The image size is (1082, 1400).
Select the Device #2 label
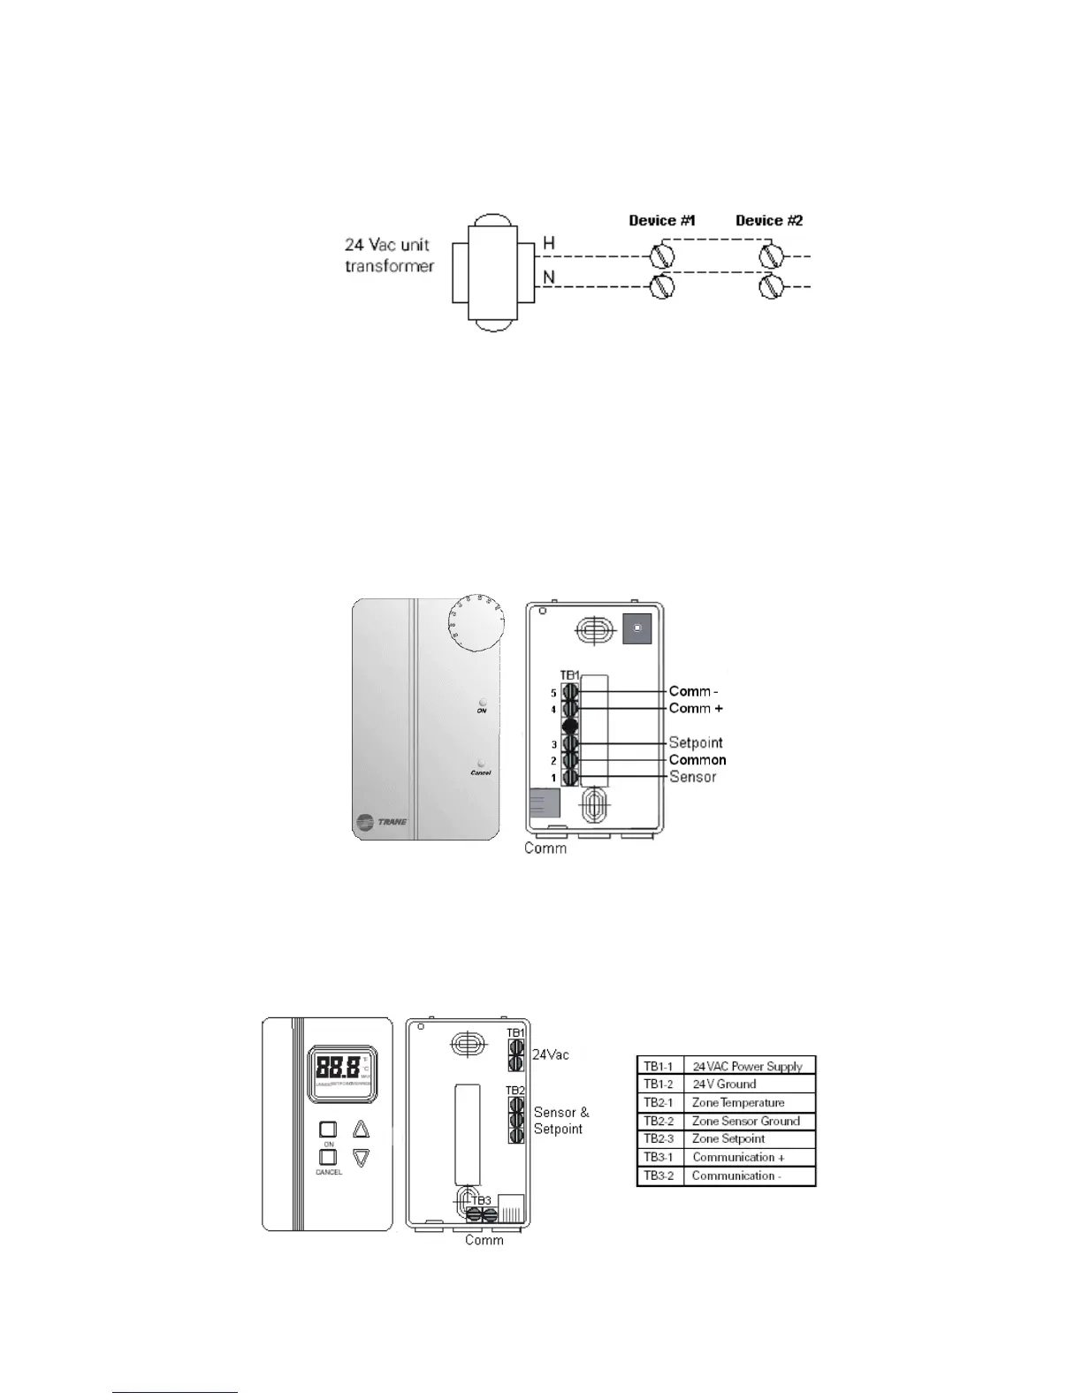[769, 220]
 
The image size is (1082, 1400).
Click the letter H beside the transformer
[549, 243]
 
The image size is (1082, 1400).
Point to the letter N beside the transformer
[549, 278]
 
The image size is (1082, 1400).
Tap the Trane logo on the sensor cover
[381, 823]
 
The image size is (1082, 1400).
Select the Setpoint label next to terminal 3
[696, 742]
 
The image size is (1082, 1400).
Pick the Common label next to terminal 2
[697, 760]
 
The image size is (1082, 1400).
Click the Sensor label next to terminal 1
[693, 777]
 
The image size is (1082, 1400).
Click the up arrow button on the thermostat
[361, 1129]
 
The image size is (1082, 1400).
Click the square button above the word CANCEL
[328, 1157]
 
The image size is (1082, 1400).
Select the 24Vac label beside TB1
[551, 1054]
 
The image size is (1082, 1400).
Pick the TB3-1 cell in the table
[659, 1158]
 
